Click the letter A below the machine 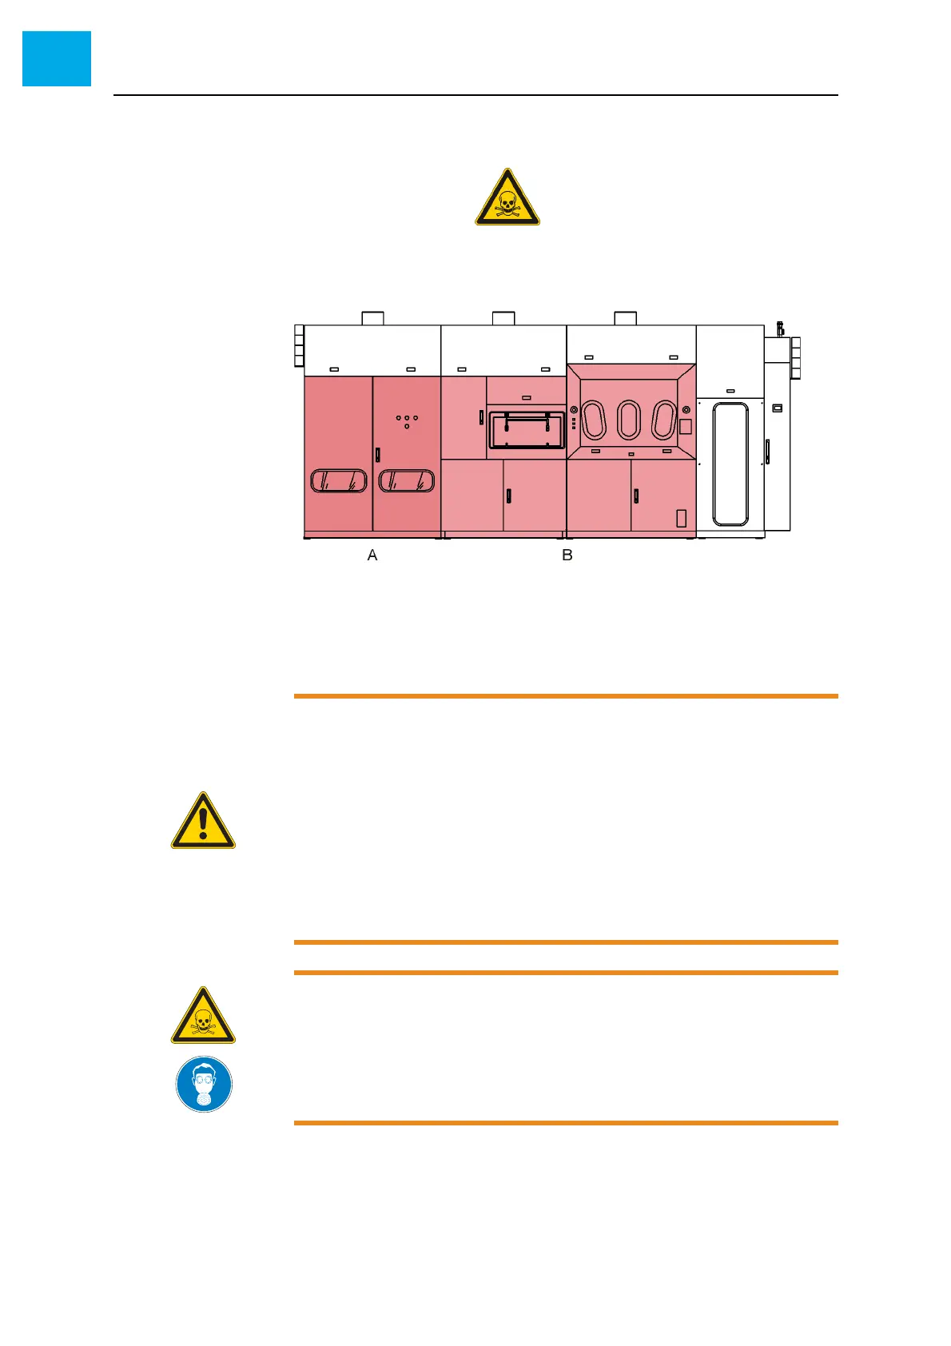coord(372,556)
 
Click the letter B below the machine coord(567,556)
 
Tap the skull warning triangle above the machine coord(507,197)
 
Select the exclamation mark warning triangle coord(203,822)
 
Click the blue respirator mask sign coord(204,1085)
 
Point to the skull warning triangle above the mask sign coord(203,1016)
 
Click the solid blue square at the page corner coord(57,58)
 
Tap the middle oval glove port coord(629,420)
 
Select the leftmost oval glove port coord(594,420)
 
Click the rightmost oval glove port coord(664,420)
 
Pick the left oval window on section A coord(338,480)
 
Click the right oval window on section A coord(407,480)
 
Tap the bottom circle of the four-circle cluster coord(407,427)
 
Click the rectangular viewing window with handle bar coord(527,430)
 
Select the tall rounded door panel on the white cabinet coord(730,464)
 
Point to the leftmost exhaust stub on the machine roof coord(372,318)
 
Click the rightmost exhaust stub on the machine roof coord(626,318)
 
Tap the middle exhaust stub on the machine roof coord(503,318)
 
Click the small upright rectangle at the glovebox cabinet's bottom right coord(682,518)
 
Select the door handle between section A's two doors coord(378,456)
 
